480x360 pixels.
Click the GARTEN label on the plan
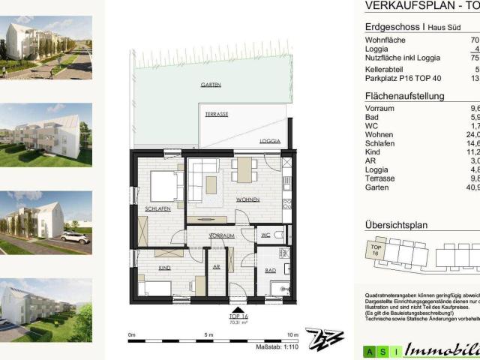(211, 85)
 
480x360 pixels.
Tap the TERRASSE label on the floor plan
(217, 113)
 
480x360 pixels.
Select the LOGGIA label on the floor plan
(270, 141)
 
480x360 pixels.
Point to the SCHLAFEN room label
(159, 208)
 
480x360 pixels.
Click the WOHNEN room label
(247, 200)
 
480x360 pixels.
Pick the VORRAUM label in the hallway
(222, 235)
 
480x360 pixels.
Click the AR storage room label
(217, 267)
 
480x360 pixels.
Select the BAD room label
(271, 270)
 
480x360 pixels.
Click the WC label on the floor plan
(265, 235)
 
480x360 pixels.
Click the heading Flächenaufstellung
(404, 96)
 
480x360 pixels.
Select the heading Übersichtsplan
(396, 224)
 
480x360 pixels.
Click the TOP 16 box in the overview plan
(376, 250)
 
